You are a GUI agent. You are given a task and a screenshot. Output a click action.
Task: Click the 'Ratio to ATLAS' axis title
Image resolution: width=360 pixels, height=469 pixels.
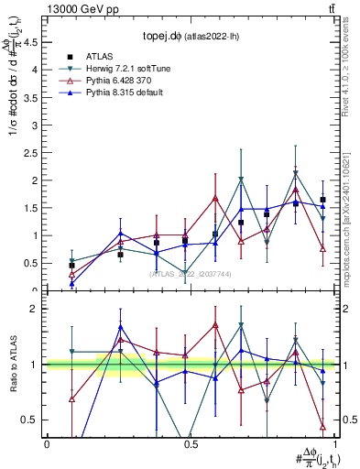13,365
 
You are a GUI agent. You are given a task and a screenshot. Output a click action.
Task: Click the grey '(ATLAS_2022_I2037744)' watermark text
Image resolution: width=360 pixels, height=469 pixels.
191,274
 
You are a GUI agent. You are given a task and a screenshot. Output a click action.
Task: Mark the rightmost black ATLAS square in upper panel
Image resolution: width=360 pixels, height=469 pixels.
322,200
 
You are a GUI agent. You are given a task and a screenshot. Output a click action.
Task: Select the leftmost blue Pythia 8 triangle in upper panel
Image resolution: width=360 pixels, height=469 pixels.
72,283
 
